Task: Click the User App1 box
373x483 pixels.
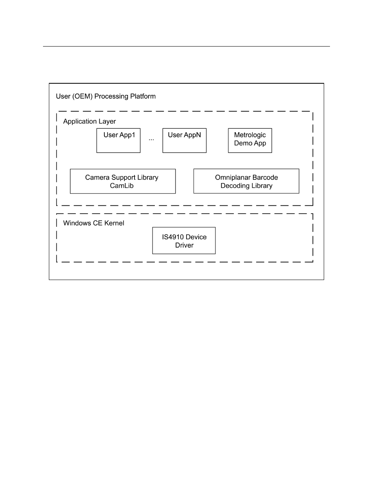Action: coord(118,140)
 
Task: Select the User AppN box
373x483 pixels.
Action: coord(185,140)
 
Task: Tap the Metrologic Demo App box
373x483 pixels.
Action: coord(250,140)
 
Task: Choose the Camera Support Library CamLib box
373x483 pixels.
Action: coord(123,181)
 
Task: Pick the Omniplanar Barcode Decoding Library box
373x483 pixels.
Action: coord(246,181)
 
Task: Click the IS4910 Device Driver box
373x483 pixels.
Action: coord(184,241)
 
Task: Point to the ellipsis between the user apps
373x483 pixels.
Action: coord(151,140)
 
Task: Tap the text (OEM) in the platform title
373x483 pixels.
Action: coord(82,97)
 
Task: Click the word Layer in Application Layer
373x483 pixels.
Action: coord(107,122)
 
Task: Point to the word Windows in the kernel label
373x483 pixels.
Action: coord(77,223)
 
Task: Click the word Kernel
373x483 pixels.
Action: coord(114,223)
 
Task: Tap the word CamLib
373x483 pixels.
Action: coord(122,186)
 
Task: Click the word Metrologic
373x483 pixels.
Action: coord(250,135)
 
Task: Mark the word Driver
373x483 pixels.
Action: coord(184,245)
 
